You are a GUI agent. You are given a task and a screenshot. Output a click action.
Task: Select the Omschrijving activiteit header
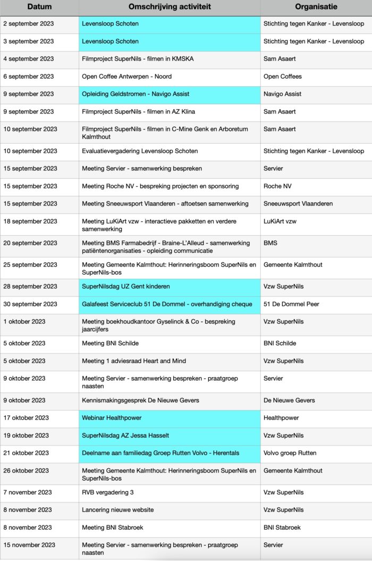click(x=170, y=7)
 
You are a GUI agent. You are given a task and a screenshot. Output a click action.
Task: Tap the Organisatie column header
click(x=316, y=7)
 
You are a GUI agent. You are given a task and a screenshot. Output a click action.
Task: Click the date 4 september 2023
click(x=28, y=59)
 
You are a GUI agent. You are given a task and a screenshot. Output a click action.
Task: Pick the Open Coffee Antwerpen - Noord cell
click(x=126, y=77)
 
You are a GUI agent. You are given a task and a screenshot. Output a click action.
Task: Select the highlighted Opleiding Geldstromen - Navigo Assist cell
click(x=136, y=94)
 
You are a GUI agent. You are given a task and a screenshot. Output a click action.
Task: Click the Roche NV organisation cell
click(x=277, y=186)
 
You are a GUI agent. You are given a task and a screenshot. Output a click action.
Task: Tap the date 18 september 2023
click(x=30, y=221)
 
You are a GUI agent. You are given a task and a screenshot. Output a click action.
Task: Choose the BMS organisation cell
click(x=270, y=243)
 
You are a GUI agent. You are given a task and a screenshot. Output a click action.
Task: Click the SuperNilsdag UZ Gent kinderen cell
click(x=125, y=286)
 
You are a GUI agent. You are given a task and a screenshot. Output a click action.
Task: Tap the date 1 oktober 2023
click(x=24, y=321)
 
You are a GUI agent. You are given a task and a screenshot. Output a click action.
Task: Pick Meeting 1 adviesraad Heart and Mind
click(x=134, y=361)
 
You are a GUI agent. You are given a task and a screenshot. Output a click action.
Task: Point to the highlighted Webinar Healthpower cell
click(x=112, y=418)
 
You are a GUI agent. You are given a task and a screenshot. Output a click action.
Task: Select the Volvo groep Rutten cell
click(x=290, y=453)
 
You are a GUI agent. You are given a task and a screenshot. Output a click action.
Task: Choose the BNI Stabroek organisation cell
click(x=282, y=527)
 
